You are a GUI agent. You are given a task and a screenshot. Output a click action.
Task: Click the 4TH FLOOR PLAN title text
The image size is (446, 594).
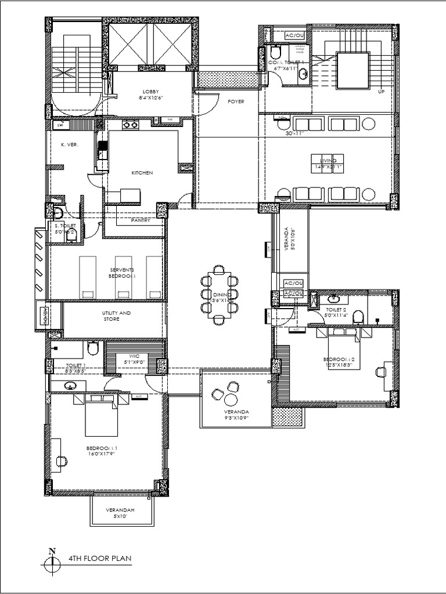pos(100,559)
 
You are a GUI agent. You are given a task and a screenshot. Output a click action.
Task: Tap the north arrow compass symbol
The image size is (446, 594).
pos(52,561)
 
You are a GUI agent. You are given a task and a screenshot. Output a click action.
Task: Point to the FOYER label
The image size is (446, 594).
pos(235,102)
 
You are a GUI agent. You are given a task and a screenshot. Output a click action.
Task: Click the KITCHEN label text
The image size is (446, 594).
pos(142,173)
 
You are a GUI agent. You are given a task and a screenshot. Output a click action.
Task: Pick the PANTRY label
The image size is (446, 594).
pos(141,220)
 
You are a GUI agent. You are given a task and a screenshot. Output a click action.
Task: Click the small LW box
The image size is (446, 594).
pos(59,125)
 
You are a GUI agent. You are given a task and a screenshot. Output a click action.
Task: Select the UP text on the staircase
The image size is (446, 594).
pos(382,92)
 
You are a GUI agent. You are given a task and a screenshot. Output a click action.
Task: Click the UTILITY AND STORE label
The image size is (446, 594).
pos(117,316)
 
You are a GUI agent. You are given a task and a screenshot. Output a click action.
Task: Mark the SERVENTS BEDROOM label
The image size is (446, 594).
pos(123,273)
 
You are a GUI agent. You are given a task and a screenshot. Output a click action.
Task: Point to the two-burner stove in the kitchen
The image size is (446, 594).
pos(130,124)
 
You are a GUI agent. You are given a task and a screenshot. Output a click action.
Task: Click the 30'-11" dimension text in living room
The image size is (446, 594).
pos(295,133)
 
